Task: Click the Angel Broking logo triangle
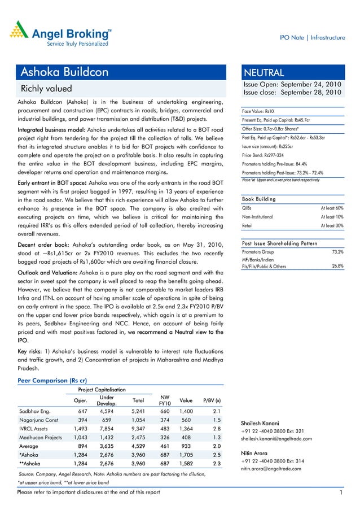(20, 29)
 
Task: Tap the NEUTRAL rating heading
(264, 72)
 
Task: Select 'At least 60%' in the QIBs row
(332, 208)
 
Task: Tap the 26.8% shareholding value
(338, 265)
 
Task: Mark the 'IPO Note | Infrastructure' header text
(312, 37)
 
